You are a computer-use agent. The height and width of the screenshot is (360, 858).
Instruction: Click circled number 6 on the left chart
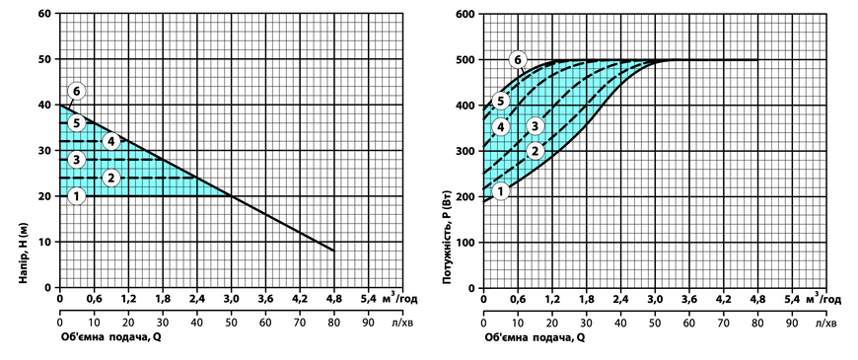tap(76, 92)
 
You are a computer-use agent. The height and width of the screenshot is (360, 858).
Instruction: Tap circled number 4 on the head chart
tap(111, 142)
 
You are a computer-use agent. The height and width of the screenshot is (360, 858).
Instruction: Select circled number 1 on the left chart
tap(77, 195)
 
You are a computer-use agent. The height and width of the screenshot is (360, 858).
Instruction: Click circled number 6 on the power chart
tap(517, 59)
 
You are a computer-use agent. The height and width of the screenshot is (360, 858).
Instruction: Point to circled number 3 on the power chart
tap(536, 126)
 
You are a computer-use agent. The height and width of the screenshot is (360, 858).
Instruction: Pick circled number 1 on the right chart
tap(501, 191)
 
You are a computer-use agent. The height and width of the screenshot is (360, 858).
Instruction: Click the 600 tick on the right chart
tap(465, 13)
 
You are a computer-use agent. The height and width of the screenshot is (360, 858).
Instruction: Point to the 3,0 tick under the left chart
tap(231, 299)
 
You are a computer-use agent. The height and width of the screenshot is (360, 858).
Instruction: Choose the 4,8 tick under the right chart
tap(757, 299)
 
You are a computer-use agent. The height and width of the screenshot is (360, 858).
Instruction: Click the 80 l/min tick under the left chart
tap(333, 323)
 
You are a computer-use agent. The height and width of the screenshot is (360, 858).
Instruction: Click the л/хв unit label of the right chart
tap(825, 323)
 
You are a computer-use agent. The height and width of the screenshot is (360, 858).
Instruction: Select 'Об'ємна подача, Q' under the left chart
tap(110, 337)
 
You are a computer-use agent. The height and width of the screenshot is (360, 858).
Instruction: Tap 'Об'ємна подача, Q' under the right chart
tap(535, 337)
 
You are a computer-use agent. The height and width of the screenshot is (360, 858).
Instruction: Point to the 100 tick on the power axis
tap(465, 242)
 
